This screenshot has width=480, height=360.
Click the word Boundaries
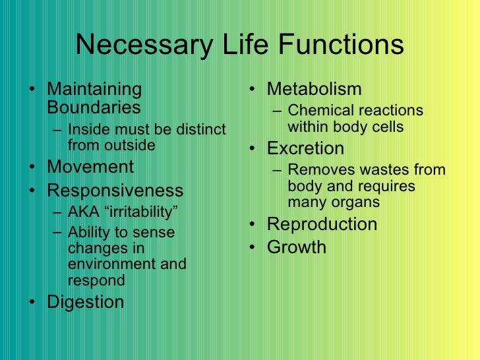coord(94,107)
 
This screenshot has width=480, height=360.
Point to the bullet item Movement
coord(90,167)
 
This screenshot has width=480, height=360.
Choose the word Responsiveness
coord(115,191)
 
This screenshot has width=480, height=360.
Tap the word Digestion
coord(86,302)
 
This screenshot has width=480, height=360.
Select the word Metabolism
coord(314,88)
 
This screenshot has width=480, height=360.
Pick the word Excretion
coord(305,148)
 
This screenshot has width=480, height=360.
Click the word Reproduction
coord(322,224)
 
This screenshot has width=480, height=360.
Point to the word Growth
coord(296,247)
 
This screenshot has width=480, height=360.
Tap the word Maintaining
coord(95,89)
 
